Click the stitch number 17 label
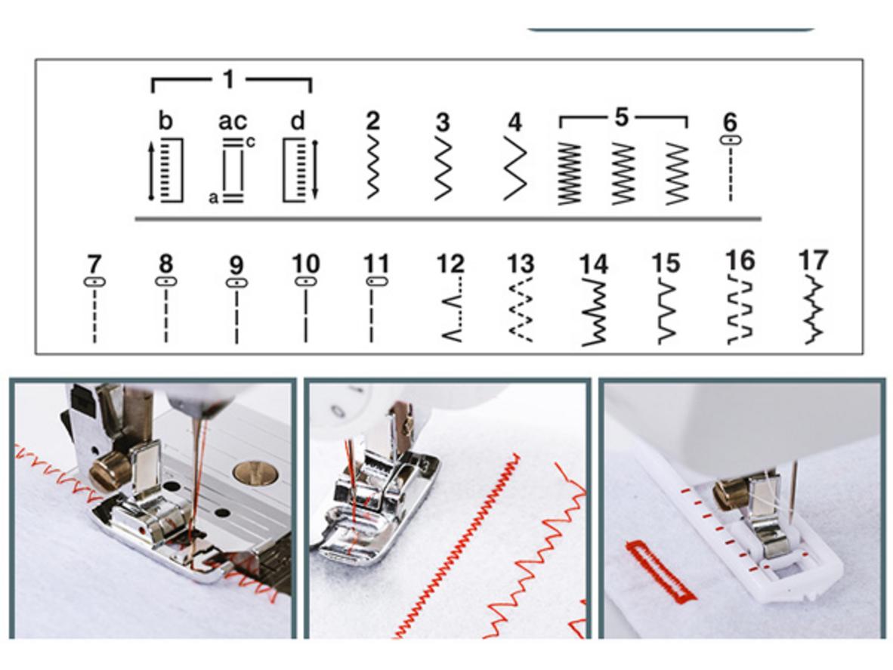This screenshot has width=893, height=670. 812,260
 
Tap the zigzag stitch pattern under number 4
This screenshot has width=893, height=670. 514,168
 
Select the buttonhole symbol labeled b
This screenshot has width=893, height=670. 167,170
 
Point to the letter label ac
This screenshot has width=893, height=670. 233,122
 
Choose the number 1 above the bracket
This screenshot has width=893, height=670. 228,79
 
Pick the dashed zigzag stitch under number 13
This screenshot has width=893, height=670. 519,310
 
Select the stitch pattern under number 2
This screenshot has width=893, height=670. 373,167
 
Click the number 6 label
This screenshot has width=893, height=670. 730,122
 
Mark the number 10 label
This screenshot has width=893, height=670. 306,264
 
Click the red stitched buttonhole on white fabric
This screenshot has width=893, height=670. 660,571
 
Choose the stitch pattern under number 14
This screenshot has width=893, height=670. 593,312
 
